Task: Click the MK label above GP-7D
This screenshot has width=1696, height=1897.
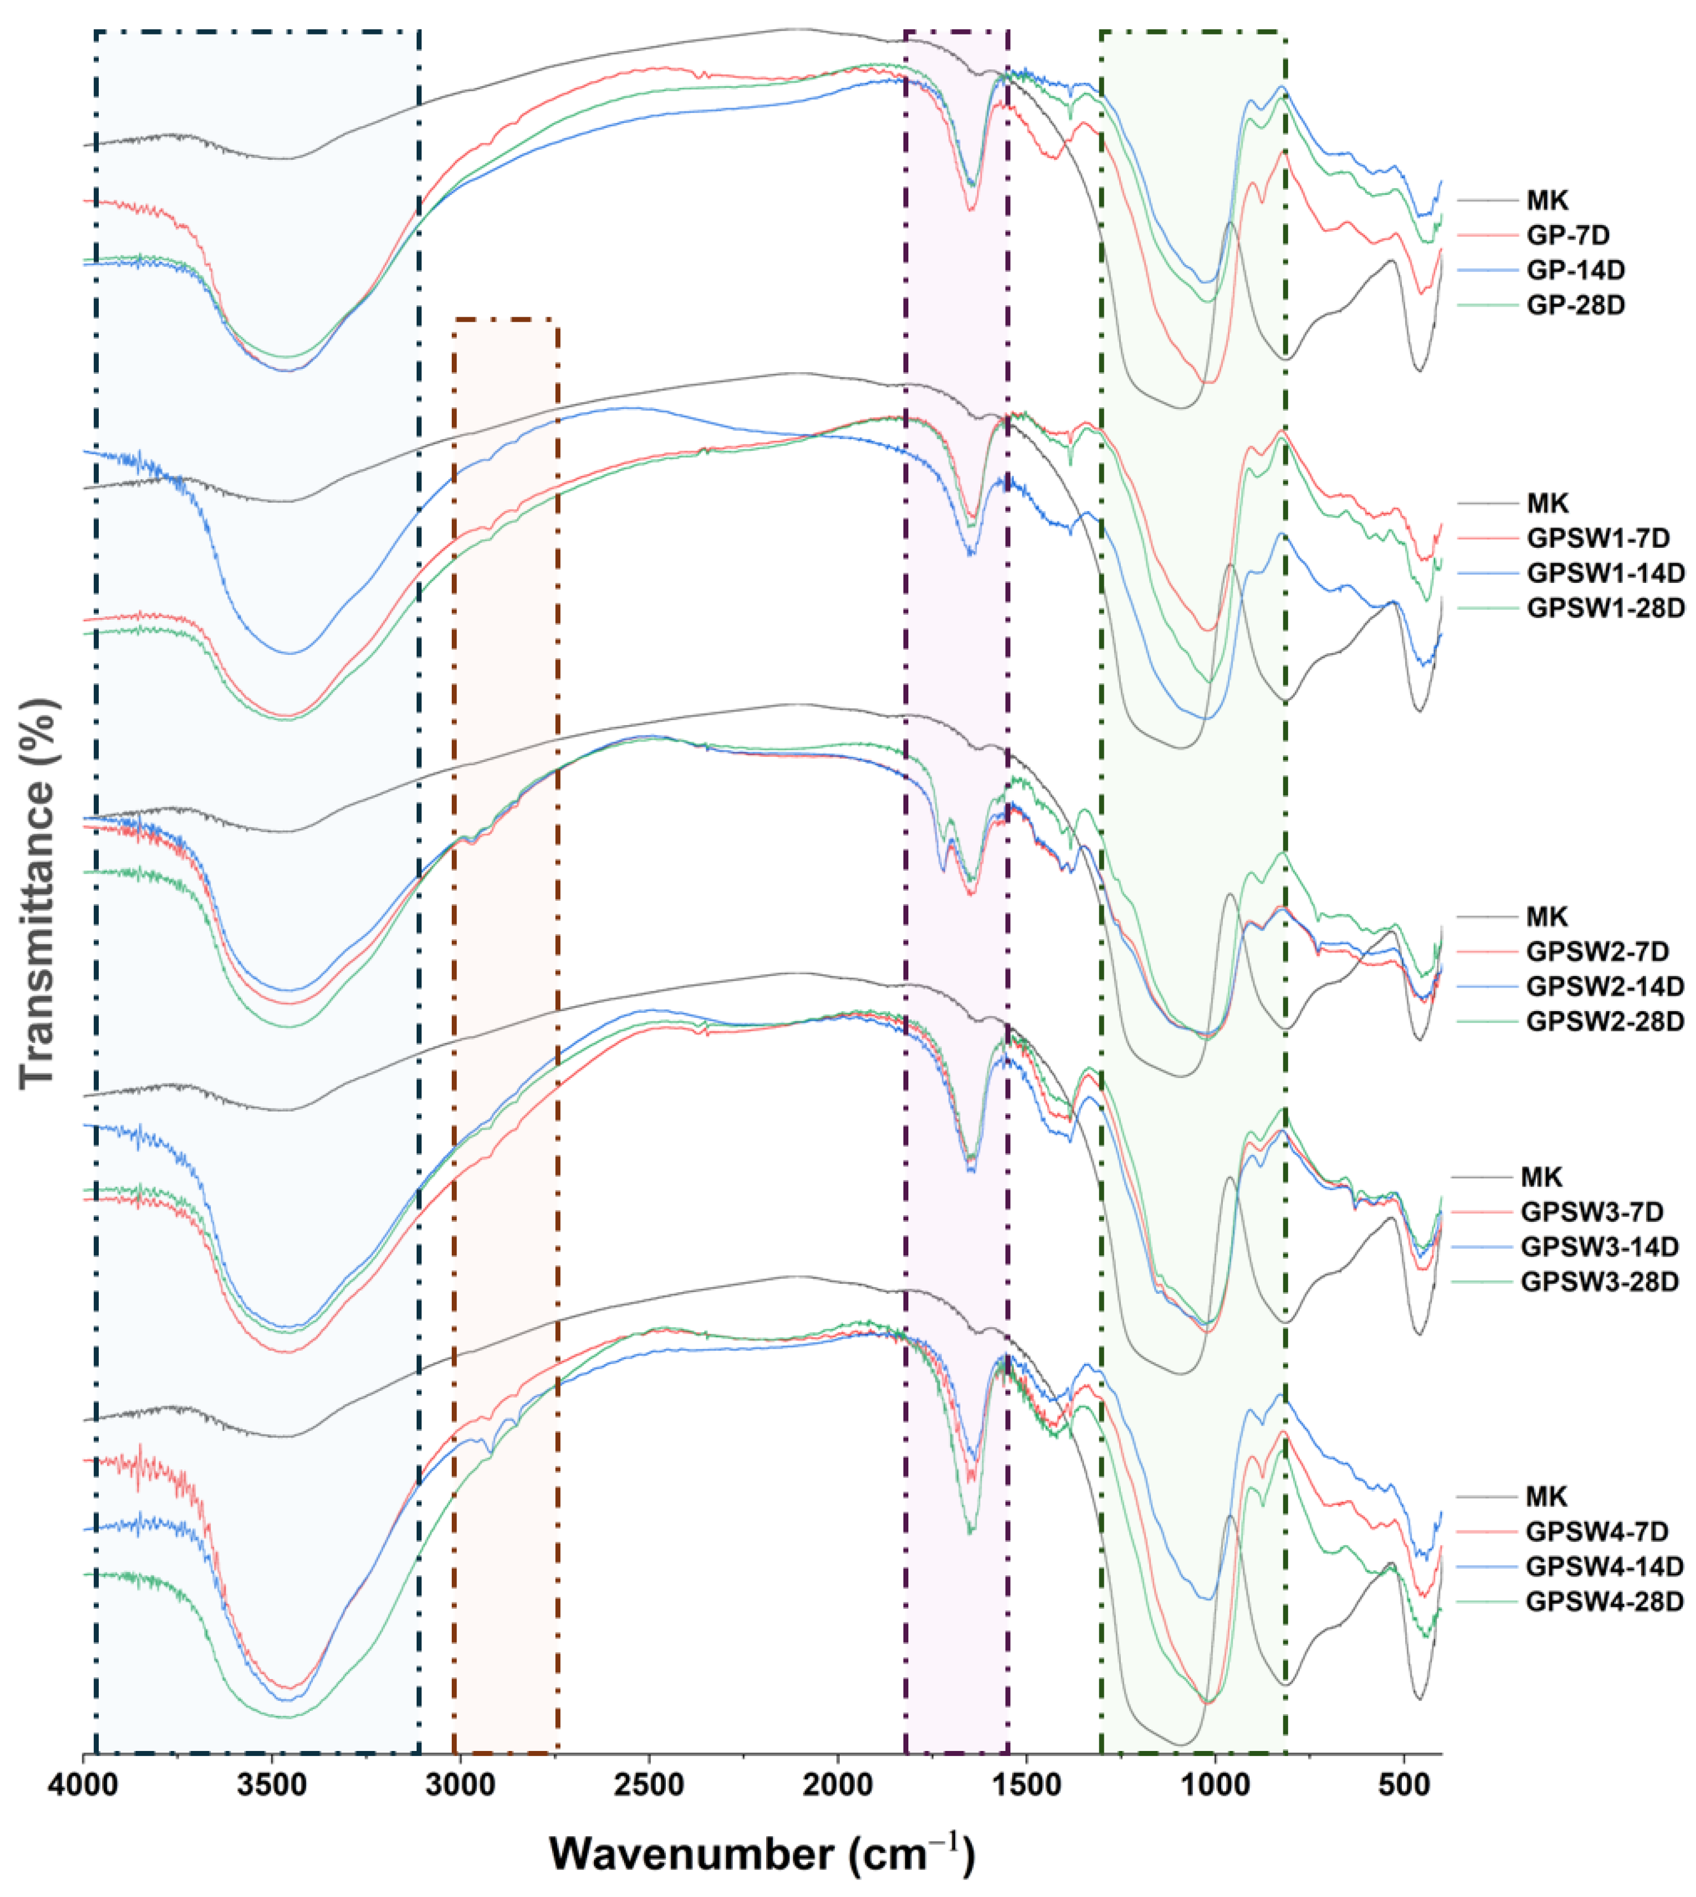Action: (x=1547, y=200)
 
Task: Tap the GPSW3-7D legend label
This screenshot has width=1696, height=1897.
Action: (x=1592, y=1212)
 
